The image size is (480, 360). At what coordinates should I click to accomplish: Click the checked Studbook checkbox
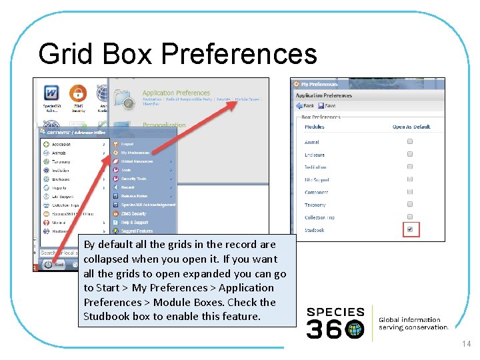(x=410, y=230)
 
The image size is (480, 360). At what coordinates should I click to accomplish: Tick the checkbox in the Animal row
(x=410, y=142)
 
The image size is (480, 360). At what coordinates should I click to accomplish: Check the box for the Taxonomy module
(x=410, y=205)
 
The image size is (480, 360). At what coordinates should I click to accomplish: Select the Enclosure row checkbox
(x=410, y=155)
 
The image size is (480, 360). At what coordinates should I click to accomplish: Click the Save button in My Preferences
(x=327, y=106)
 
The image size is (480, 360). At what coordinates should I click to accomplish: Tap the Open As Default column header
(x=411, y=127)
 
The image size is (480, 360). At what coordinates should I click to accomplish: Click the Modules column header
(x=315, y=127)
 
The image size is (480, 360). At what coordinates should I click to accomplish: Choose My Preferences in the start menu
(x=136, y=153)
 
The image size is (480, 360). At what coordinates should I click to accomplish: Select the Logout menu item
(x=127, y=144)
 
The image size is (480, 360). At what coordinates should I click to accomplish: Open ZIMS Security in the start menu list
(x=133, y=213)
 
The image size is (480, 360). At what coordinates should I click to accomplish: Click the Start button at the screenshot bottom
(x=51, y=264)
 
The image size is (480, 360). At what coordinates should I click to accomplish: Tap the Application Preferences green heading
(x=176, y=93)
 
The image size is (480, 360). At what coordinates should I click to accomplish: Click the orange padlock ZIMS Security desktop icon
(x=78, y=93)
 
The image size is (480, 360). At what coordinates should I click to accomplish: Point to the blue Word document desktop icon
(x=51, y=93)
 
